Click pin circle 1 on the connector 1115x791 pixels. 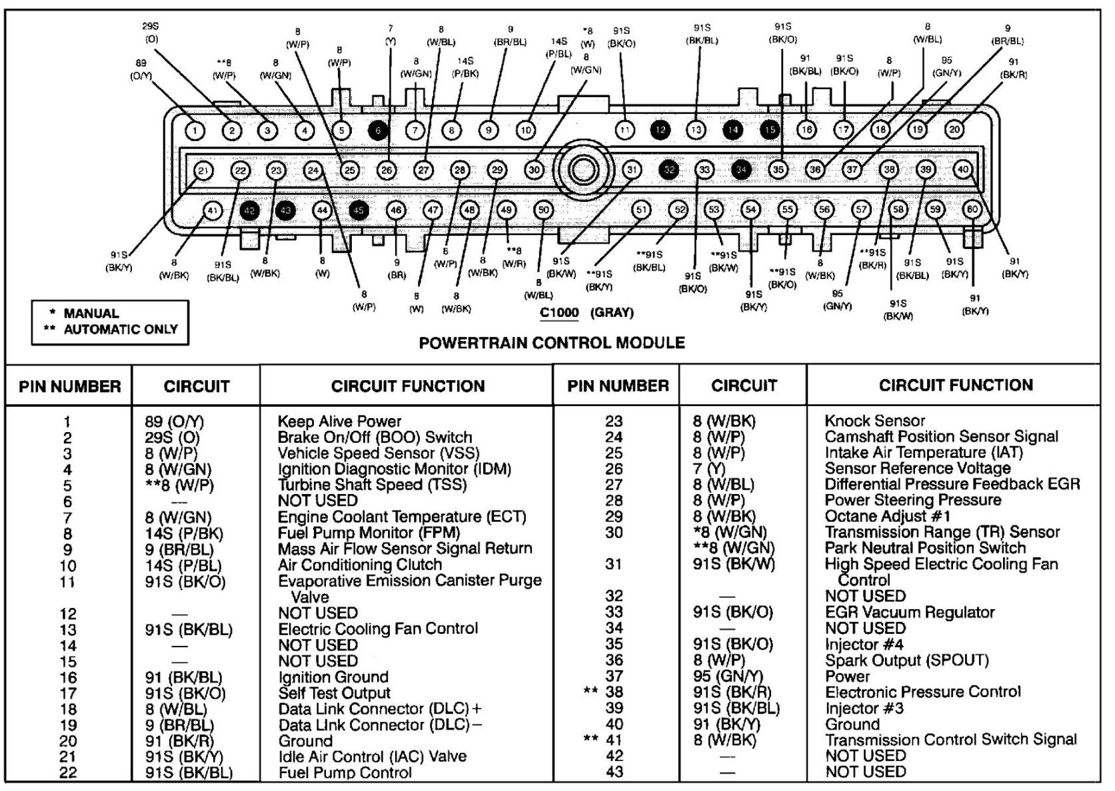(195, 131)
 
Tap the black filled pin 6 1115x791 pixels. (378, 131)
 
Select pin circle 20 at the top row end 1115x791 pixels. (954, 130)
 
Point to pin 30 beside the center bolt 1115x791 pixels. (534, 170)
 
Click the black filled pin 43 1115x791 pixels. (285, 211)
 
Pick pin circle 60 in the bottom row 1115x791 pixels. (972, 210)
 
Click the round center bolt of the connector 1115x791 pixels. (583, 170)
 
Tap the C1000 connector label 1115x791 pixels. (559, 313)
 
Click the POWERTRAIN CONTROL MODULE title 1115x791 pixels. (552, 342)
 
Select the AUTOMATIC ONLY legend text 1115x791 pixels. (121, 329)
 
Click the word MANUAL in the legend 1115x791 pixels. (91, 313)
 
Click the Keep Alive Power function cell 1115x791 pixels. (339, 421)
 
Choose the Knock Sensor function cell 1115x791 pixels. (874, 421)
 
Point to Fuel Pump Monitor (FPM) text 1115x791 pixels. (369, 533)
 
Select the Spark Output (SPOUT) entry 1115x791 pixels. (906, 660)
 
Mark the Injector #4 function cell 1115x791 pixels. (864, 645)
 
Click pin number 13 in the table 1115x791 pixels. (68, 630)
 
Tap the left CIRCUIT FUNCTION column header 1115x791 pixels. (408, 386)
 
